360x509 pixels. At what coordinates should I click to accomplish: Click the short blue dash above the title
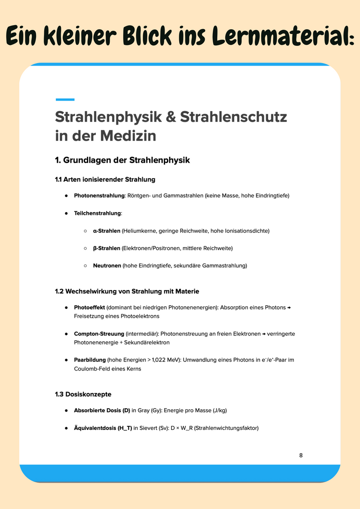65,99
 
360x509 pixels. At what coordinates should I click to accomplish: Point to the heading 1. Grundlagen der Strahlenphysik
122,160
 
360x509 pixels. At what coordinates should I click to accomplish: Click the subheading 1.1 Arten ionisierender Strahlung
105,179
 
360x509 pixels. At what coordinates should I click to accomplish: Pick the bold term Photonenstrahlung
99,196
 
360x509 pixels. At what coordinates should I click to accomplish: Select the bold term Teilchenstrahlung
98,213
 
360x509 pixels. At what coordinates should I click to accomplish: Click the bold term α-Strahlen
107,231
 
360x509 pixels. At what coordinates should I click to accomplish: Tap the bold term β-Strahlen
107,248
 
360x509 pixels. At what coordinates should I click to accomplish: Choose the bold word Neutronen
107,266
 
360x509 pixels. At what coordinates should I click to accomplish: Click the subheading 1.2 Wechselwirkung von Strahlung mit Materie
127,291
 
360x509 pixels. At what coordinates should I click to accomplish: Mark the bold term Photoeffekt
90,308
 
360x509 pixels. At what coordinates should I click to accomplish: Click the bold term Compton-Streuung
99,334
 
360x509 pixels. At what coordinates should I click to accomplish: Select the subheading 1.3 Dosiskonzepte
83,394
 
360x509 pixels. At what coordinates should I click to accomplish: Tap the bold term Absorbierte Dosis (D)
102,411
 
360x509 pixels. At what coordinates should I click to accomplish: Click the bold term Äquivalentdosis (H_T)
103,428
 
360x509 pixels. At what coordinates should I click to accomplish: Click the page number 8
301,455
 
